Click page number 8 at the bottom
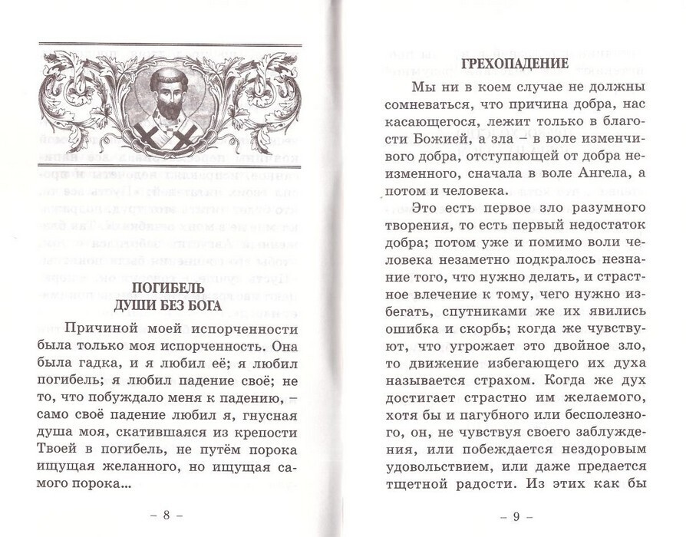pyautogui.click(x=167, y=515)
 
